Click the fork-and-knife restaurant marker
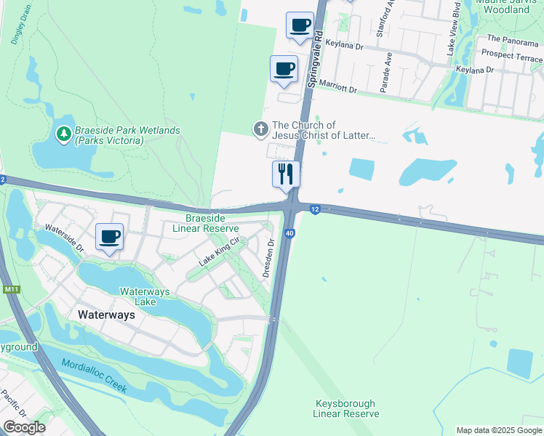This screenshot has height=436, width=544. tap(286, 174)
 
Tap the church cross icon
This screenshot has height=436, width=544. tap(261, 129)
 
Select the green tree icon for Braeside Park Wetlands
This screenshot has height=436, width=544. tap(64, 134)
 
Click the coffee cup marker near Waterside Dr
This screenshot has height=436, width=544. tap(109, 237)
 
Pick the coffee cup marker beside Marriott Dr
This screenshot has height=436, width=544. tap(284, 70)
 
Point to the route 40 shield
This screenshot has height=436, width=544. tap(289, 233)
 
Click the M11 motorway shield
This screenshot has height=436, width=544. tap(10, 290)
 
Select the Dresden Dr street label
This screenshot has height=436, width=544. tap(268, 259)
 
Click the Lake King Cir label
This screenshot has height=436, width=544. tap(220, 251)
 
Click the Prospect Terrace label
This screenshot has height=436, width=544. tap(511, 57)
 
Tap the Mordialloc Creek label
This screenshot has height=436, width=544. tap(95, 376)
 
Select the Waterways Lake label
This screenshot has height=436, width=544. tap(145, 296)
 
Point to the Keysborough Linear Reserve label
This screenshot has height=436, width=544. tap(346, 408)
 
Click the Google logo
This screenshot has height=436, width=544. tap(24, 427)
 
